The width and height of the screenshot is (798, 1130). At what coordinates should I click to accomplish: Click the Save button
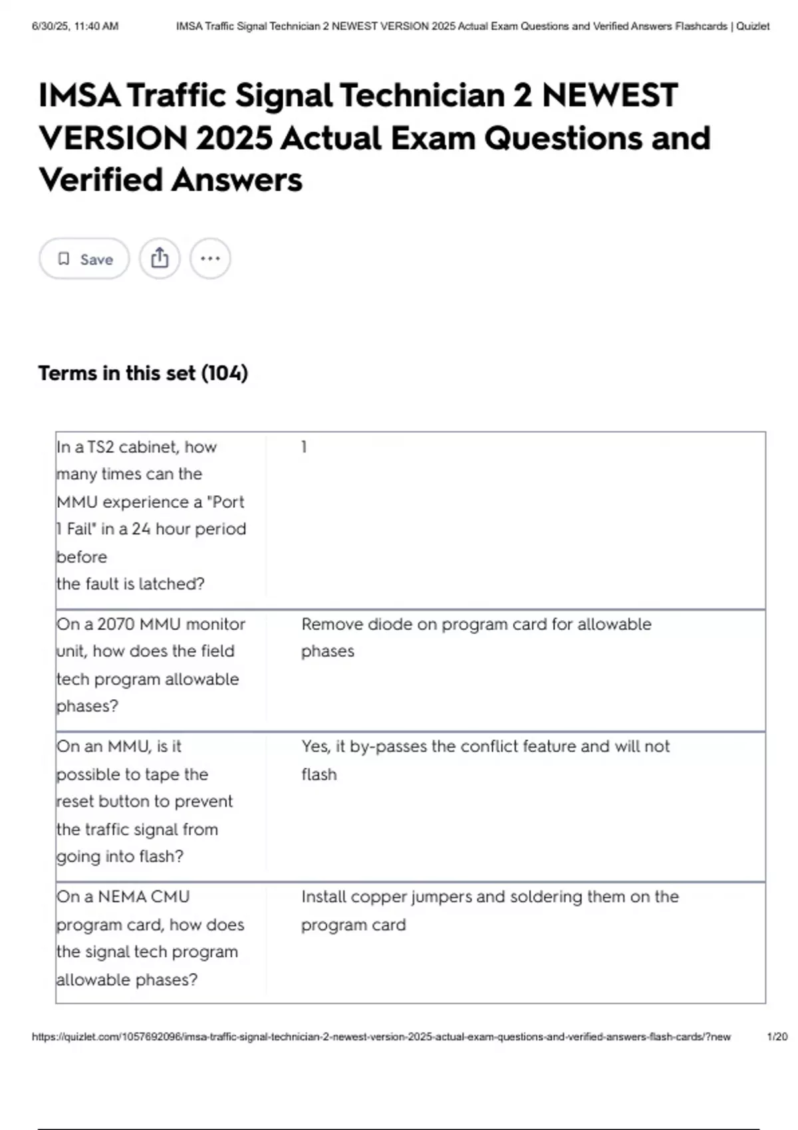[x=84, y=259]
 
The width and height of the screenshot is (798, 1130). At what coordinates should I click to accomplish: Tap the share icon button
[x=160, y=258]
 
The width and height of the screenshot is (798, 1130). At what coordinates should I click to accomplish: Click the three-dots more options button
[x=210, y=258]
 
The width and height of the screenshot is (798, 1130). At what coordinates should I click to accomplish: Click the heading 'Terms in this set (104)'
[x=143, y=373]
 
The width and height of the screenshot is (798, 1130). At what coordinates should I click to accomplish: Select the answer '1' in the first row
[x=304, y=447]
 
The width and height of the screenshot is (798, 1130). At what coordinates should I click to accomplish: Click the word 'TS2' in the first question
[x=101, y=447]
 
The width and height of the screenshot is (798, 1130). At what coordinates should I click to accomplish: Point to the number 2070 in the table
[x=116, y=624]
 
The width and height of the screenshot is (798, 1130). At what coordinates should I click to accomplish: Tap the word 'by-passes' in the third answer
[x=388, y=747]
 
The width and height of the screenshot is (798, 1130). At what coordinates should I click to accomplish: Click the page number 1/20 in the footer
[x=777, y=1037]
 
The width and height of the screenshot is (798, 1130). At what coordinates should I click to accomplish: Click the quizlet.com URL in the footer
[x=381, y=1037]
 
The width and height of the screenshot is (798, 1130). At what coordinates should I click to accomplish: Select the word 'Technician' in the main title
[x=422, y=95]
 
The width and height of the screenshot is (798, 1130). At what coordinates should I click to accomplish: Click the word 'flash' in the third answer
[x=319, y=774]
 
